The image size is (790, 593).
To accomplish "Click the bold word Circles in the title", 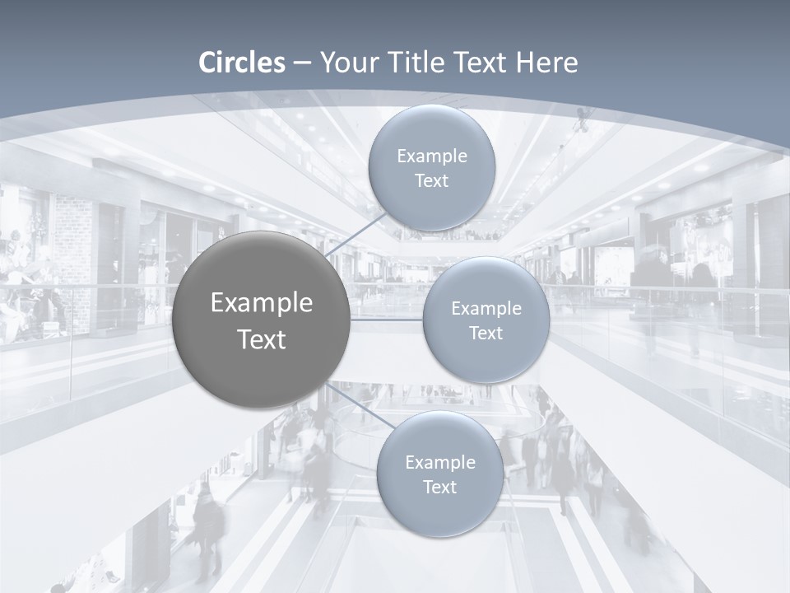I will pyautogui.click(x=242, y=63).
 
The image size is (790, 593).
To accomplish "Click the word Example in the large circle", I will pyautogui.click(x=262, y=303).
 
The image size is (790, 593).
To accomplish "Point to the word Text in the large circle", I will pyautogui.click(x=262, y=339).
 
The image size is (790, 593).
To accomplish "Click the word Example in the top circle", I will pyautogui.click(x=432, y=156).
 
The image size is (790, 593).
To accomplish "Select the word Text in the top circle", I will pyautogui.click(x=432, y=180).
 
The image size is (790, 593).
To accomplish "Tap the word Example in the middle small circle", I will pyautogui.click(x=486, y=308).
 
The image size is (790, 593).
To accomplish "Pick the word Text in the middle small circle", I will pyautogui.click(x=486, y=333).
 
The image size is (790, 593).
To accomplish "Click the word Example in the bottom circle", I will pyautogui.click(x=440, y=462).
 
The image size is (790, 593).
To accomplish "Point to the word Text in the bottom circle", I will pyautogui.click(x=440, y=487).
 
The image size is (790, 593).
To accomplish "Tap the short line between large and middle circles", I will pyautogui.click(x=387, y=319).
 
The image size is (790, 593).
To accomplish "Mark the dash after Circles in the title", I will pyautogui.click(x=302, y=63).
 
